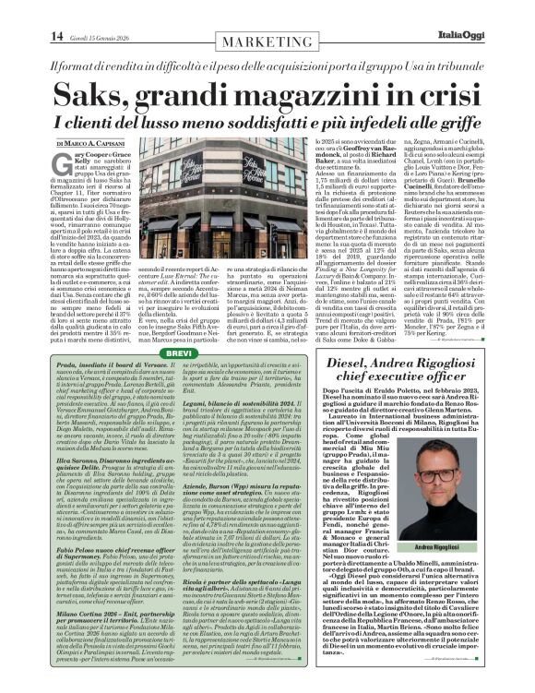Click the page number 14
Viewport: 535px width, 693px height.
pos(30,11)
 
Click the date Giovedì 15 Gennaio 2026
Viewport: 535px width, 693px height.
pos(78,12)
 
